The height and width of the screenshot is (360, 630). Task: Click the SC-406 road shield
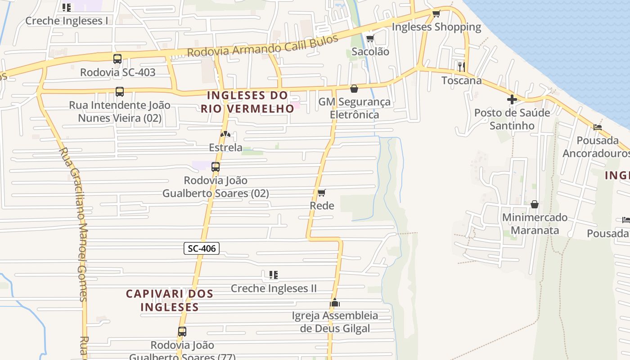[x=202, y=248]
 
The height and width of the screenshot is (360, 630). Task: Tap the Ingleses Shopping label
[x=436, y=27]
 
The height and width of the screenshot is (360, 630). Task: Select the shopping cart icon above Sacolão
[x=370, y=38]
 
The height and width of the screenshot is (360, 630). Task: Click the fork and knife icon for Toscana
[x=461, y=67]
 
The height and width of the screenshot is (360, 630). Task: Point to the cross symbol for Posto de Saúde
[x=512, y=99]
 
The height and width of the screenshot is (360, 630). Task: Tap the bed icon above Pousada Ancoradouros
[x=598, y=127]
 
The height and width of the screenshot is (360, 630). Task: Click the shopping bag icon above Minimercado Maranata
[x=535, y=204]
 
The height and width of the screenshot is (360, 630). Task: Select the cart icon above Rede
[x=322, y=193]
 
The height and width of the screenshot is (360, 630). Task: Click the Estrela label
[x=225, y=147]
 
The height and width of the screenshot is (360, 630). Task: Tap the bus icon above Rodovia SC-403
[x=117, y=59]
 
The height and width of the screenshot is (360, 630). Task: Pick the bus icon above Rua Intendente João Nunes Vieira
[x=119, y=92]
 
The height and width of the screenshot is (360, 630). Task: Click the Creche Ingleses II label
[x=274, y=288]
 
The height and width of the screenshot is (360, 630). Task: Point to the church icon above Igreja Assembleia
[x=334, y=302]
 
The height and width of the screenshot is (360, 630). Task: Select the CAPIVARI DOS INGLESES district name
[x=169, y=300]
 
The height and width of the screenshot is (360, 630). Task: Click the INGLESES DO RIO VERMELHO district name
[x=247, y=102]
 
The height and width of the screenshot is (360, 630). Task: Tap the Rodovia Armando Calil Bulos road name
[x=262, y=46]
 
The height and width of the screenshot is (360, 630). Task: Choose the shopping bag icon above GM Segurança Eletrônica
[x=354, y=89]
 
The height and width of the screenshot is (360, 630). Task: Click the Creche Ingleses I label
[x=67, y=21]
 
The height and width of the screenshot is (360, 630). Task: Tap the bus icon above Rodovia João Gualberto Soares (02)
[x=216, y=167]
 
